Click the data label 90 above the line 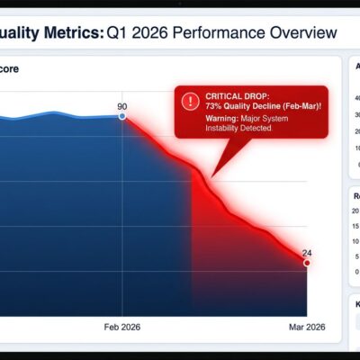[x=122, y=106]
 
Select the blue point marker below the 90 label [x=122, y=116]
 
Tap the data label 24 [x=307, y=252]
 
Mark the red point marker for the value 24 [x=307, y=263]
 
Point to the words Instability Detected [x=238, y=129]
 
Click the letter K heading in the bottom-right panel [x=356, y=305]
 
